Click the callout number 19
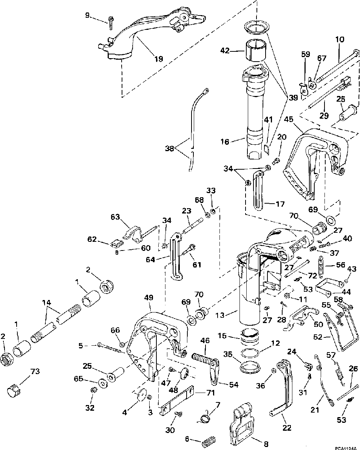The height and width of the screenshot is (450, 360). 159,59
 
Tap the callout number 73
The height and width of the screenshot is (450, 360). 35,372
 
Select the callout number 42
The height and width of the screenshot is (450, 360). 225,51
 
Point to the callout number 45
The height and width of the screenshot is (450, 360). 289,119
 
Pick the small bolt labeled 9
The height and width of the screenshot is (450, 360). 111,22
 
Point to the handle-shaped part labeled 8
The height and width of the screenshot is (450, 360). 241,423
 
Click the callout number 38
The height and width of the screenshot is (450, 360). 170,148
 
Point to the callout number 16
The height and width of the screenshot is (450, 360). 225,141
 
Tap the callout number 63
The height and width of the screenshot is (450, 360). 116,217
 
